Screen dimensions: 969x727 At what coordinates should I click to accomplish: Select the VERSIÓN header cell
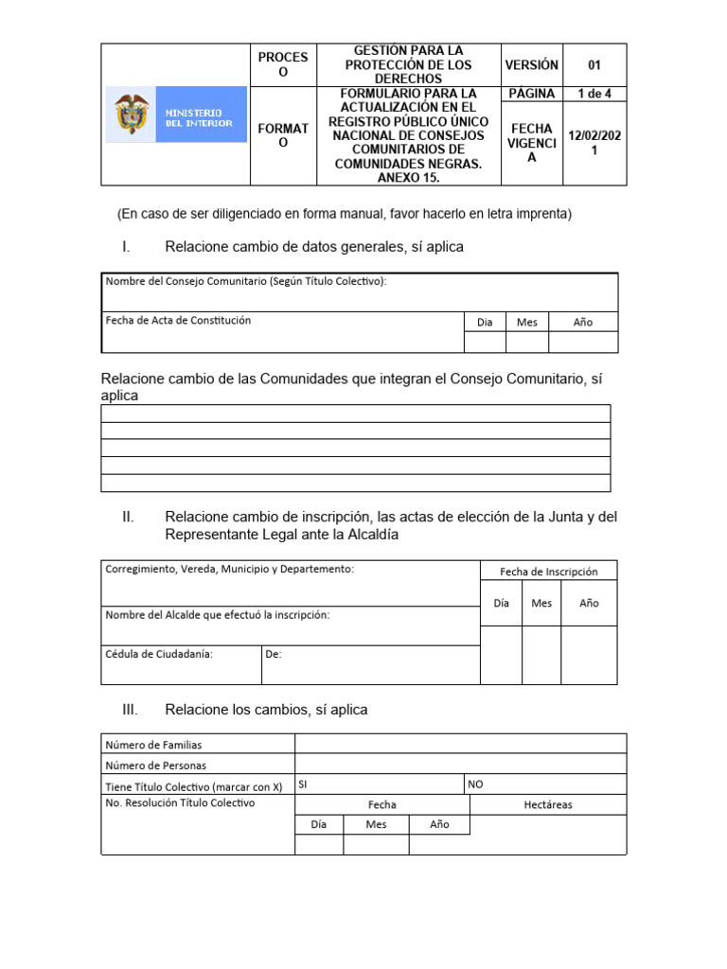[x=531, y=65]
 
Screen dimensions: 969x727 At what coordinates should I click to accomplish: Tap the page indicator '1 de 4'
[x=594, y=93]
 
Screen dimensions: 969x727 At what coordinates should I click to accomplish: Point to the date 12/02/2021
[x=594, y=143]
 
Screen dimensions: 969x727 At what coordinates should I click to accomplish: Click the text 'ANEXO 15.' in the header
[x=407, y=176]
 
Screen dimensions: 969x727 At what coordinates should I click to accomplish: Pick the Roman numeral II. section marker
[x=128, y=517]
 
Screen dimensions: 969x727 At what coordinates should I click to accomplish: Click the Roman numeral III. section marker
[x=130, y=710]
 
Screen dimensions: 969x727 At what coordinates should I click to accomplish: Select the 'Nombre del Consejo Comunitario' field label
[x=246, y=281]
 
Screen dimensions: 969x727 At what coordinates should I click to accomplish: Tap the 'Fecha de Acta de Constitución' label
[x=178, y=321]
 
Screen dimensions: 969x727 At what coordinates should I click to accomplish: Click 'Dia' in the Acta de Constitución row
[x=485, y=322]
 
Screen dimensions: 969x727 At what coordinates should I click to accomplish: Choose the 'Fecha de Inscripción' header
[x=548, y=572]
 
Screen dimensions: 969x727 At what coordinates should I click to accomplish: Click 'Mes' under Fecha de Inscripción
[x=541, y=603]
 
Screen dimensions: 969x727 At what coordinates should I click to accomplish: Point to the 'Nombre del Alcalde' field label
[x=218, y=615]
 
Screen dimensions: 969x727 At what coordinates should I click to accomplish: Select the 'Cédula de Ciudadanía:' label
[x=159, y=653]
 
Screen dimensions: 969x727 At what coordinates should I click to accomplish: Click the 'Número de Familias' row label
[x=153, y=746]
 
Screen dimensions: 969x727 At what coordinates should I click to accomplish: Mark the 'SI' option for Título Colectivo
[x=303, y=784]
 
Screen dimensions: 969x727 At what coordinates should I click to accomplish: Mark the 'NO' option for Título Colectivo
[x=475, y=784]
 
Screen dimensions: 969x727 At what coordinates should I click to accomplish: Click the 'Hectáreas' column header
[x=547, y=805]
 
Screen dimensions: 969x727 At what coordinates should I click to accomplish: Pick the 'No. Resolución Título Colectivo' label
[x=180, y=803]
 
